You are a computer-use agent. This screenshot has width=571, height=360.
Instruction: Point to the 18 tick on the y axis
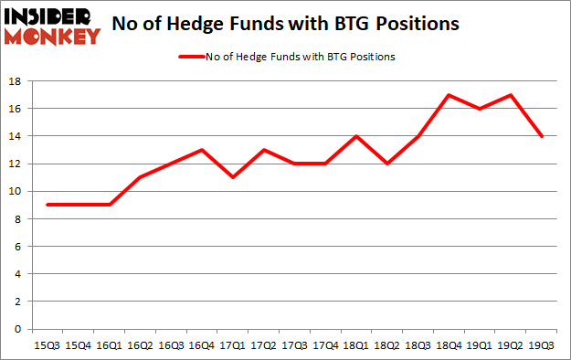click(16, 81)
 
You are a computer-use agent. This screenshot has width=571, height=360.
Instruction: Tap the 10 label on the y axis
click(16, 192)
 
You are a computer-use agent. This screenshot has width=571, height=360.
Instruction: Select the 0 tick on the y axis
click(18, 329)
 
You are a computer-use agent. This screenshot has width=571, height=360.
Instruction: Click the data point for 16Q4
click(202, 150)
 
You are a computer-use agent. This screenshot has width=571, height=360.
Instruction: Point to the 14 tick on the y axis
click(16, 136)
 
